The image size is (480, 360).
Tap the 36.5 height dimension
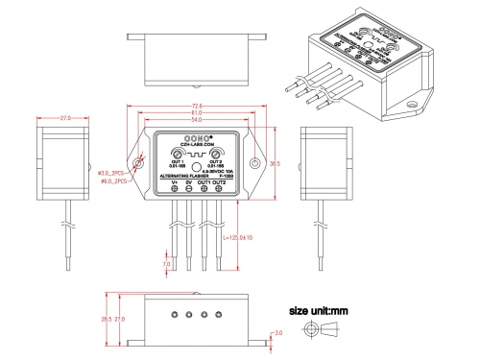[x=276, y=164]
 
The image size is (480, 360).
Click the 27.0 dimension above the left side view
[x=64, y=118]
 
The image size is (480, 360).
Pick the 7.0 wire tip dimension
[x=166, y=264]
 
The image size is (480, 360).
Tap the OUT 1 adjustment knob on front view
[x=178, y=154]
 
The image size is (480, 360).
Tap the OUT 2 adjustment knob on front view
[x=219, y=154]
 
